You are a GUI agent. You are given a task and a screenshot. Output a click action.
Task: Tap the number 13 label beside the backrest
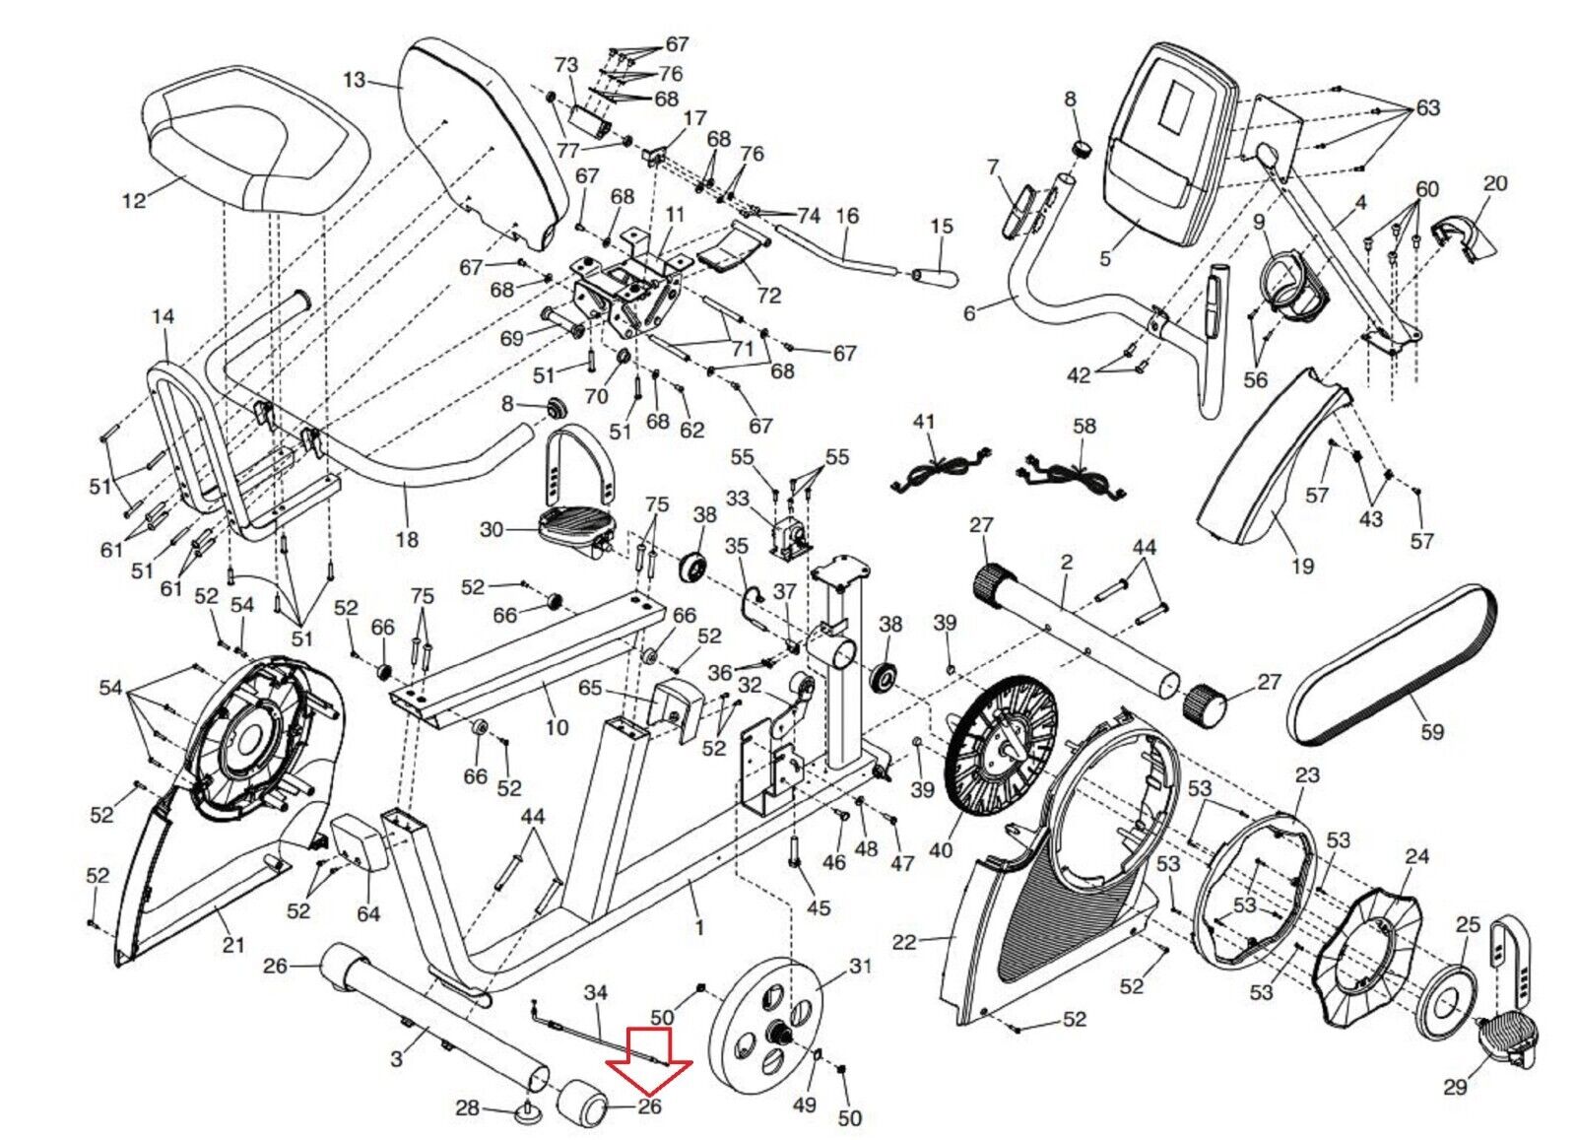[x=356, y=80]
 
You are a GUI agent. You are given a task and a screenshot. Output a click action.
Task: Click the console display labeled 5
[x=1168, y=145]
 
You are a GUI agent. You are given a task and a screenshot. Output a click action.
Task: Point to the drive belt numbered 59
[x=1390, y=663]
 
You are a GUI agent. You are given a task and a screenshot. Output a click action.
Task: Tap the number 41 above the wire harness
[x=923, y=423]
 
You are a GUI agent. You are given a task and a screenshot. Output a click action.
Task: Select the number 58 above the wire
[x=1084, y=428]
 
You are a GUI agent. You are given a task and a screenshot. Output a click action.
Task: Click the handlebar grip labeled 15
[x=935, y=276]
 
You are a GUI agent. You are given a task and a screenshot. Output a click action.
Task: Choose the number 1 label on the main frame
[x=698, y=929]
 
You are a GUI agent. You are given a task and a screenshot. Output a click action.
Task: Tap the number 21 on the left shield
[x=232, y=944]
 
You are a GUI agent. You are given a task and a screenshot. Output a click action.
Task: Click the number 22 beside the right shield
[x=904, y=942]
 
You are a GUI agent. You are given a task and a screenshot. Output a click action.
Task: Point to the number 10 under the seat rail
[x=557, y=727]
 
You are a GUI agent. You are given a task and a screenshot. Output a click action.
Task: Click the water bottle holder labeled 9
[x=1291, y=288]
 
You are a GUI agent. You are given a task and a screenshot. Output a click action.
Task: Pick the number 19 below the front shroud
[x=1303, y=566]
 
